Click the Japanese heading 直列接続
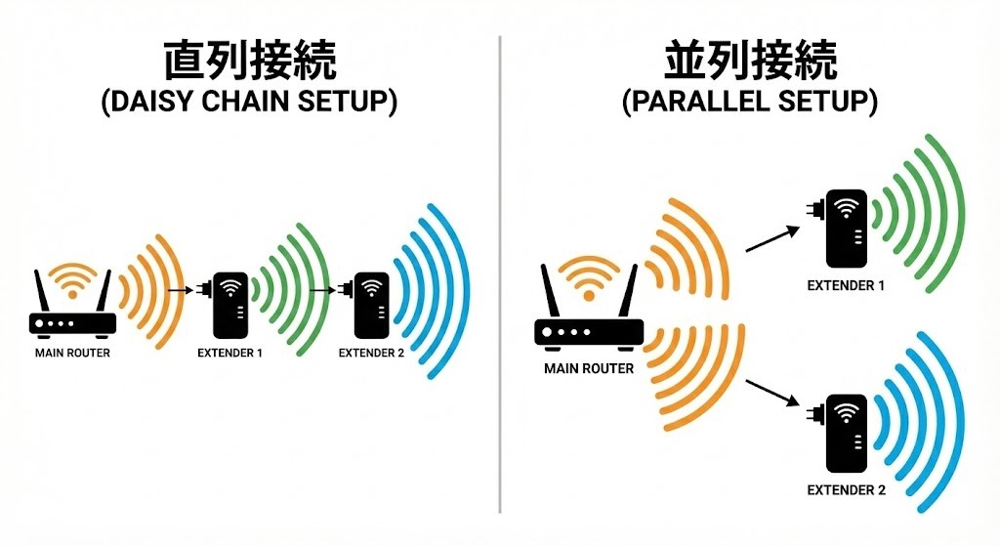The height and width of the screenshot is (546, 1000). coord(249,61)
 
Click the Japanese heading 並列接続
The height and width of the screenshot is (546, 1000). coord(750,61)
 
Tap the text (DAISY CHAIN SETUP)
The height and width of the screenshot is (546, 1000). coord(249,104)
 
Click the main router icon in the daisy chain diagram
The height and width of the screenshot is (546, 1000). coord(72,308)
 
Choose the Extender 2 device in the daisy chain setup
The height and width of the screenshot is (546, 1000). coord(371,306)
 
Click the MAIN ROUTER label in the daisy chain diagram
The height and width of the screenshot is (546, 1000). coord(72,353)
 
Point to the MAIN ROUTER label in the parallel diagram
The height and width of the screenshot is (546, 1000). coord(588,369)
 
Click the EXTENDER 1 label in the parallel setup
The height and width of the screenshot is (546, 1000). coord(846,286)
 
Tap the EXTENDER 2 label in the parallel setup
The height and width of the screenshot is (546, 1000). coord(846,488)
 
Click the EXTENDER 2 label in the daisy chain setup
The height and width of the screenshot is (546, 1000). coord(371,353)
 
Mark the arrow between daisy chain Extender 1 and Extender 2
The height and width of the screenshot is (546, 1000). coord(323,289)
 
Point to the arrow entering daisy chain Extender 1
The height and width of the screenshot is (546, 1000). coord(180,289)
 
